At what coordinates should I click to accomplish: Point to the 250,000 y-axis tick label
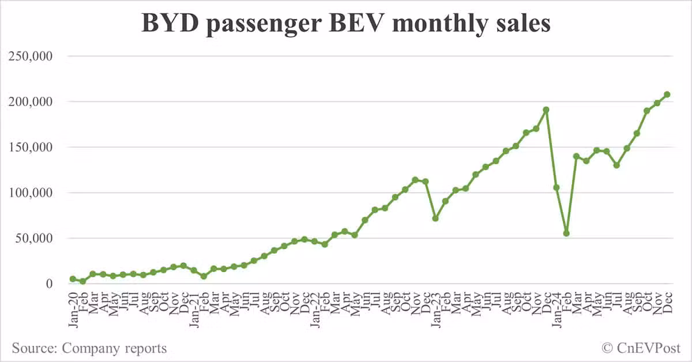coord(36,56)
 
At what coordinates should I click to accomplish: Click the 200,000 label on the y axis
coord(36,102)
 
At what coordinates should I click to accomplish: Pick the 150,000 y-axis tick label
coord(36,148)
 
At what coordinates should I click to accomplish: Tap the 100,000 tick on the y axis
coord(36,193)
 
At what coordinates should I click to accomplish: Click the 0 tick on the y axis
coord(50,284)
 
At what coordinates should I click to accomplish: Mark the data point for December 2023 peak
coord(546,110)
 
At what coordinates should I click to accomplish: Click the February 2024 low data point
coord(566,233)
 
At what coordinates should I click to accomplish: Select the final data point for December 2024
coord(667,95)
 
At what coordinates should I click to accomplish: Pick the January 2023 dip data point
coord(435,218)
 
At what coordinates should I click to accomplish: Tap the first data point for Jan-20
coord(73,279)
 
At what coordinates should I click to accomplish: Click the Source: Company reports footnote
coord(89,348)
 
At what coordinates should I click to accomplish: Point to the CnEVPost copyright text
coord(641,348)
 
